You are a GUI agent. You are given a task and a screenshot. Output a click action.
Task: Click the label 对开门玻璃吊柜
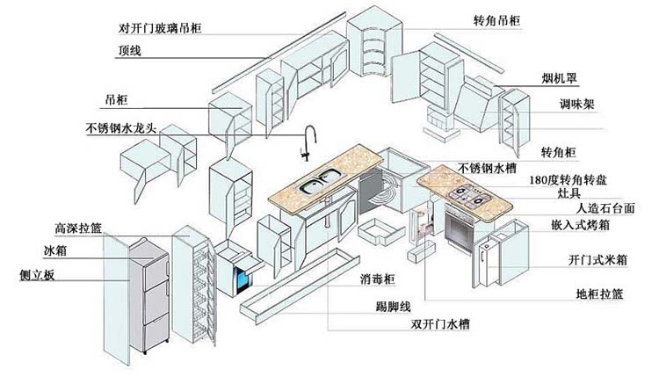tap(160, 28)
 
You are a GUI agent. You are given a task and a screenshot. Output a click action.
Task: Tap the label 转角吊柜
tap(496, 20)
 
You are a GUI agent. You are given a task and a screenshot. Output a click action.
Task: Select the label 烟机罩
tap(559, 78)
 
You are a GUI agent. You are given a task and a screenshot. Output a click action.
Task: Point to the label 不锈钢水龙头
tap(120, 127)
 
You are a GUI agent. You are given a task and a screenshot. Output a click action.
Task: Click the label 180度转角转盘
tap(568, 180)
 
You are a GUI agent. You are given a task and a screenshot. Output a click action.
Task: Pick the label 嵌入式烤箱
tap(580, 225)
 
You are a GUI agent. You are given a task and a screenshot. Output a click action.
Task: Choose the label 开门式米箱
tap(597, 260)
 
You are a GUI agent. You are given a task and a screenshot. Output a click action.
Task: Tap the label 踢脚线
tap(393, 307)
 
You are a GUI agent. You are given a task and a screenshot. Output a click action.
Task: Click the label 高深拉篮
tap(78, 228)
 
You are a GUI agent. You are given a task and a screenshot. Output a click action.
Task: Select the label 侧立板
tap(37, 275)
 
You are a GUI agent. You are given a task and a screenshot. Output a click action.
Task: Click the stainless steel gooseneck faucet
tap(309, 142)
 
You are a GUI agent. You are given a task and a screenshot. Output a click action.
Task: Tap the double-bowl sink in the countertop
tap(320, 181)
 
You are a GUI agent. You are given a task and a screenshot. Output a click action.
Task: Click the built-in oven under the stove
tap(460, 229)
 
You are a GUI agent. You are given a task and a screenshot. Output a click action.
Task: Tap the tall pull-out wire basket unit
tap(194, 286)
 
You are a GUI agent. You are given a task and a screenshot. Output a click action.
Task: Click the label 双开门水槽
tap(440, 324)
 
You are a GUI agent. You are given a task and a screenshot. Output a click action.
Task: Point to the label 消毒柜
tap(378, 279)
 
